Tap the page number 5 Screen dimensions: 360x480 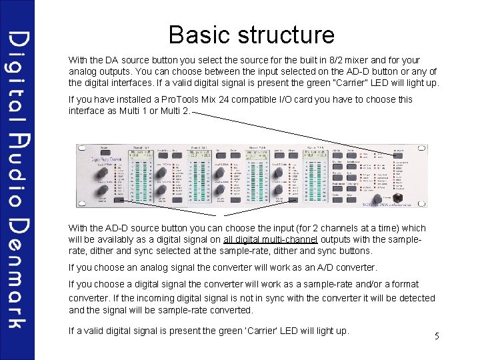point(437,336)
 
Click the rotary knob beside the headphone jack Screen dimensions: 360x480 point(379,199)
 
